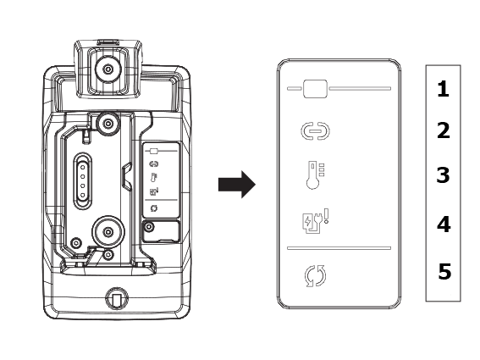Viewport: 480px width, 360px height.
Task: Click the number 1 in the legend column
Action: coord(443,89)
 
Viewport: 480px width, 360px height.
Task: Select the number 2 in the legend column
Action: coord(444,130)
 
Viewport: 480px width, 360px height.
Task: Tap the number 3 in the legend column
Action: coord(443,175)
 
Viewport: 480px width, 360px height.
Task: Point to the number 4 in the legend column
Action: coord(444,224)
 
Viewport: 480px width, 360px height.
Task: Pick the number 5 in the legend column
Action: coord(444,271)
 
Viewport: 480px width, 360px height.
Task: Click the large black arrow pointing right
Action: coord(237,185)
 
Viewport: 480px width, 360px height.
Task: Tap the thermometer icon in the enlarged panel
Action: coord(315,175)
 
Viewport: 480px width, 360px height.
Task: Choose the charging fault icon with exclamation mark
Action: coord(315,221)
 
